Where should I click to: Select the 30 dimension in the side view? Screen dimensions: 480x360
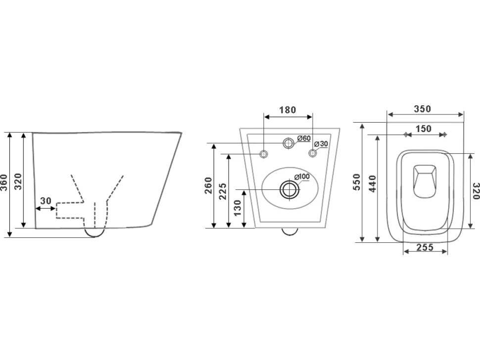(x=46, y=201)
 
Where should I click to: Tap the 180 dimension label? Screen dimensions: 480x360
(x=288, y=109)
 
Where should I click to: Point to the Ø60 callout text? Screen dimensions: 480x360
(x=304, y=138)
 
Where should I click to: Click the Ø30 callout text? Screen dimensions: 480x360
(x=321, y=144)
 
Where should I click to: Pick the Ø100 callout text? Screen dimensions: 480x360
(x=302, y=177)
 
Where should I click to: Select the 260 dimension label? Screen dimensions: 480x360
(x=208, y=185)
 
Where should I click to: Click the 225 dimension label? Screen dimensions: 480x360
(x=223, y=191)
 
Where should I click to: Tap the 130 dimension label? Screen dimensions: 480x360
(x=238, y=208)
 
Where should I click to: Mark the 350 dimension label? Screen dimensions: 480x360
(x=423, y=109)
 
